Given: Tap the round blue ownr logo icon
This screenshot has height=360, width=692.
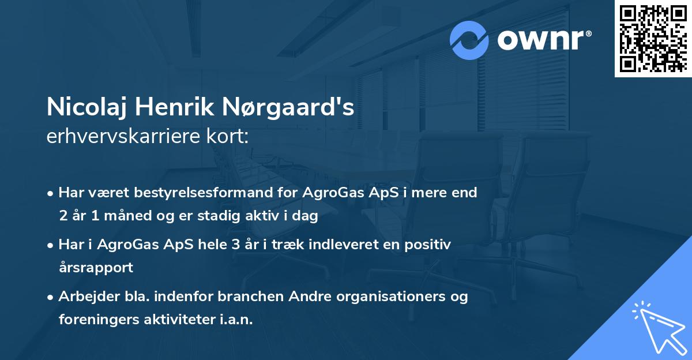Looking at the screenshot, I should tap(469, 40).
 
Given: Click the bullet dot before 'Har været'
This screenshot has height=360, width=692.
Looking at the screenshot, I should tap(51, 193).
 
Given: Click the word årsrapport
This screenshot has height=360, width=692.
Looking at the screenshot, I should tap(96, 268).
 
